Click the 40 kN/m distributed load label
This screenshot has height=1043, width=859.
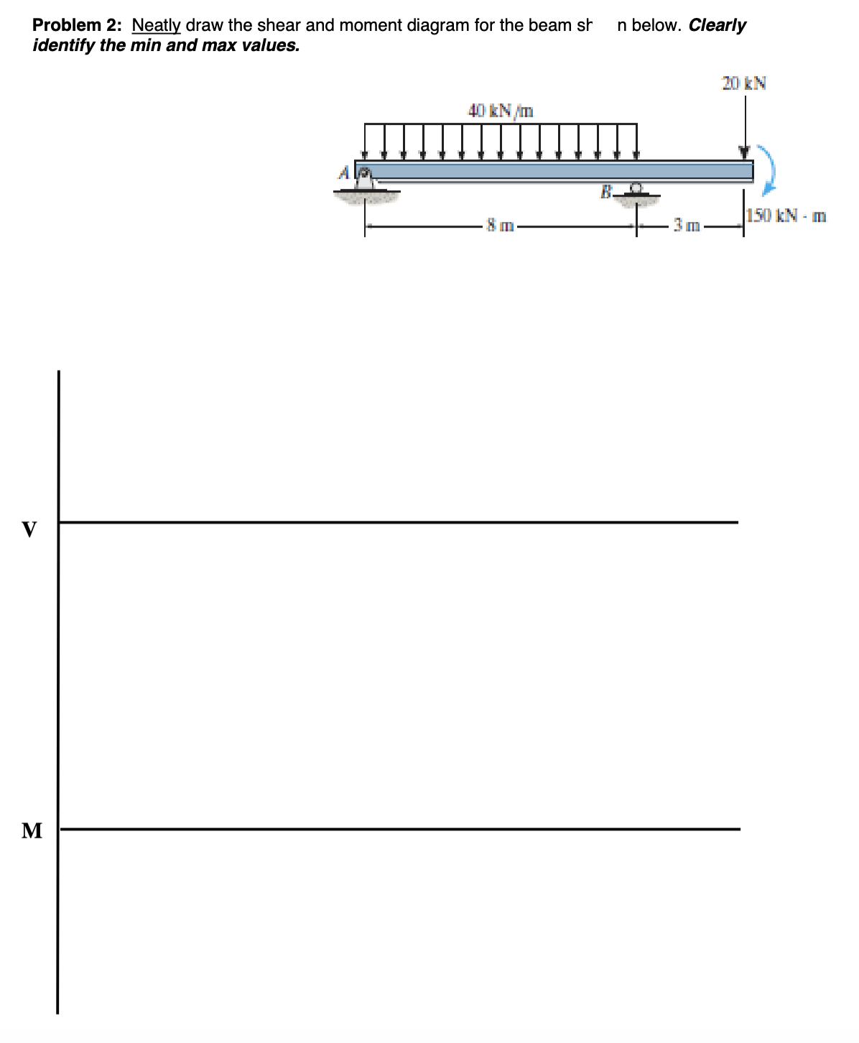click(501, 111)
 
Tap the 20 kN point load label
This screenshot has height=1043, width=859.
click(744, 83)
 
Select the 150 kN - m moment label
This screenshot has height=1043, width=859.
click(786, 215)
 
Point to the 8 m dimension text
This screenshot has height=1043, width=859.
click(500, 226)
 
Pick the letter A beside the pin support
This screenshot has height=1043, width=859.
click(345, 173)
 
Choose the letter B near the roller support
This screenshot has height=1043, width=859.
click(605, 192)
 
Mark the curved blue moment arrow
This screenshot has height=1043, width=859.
click(769, 170)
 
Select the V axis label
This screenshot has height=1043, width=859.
click(29, 530)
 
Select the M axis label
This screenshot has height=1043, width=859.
click(32, 831)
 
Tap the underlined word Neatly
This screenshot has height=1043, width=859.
click(157, 25)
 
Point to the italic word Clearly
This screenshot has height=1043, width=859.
click(717, 25)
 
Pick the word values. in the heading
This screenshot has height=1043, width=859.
click(269, 45)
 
